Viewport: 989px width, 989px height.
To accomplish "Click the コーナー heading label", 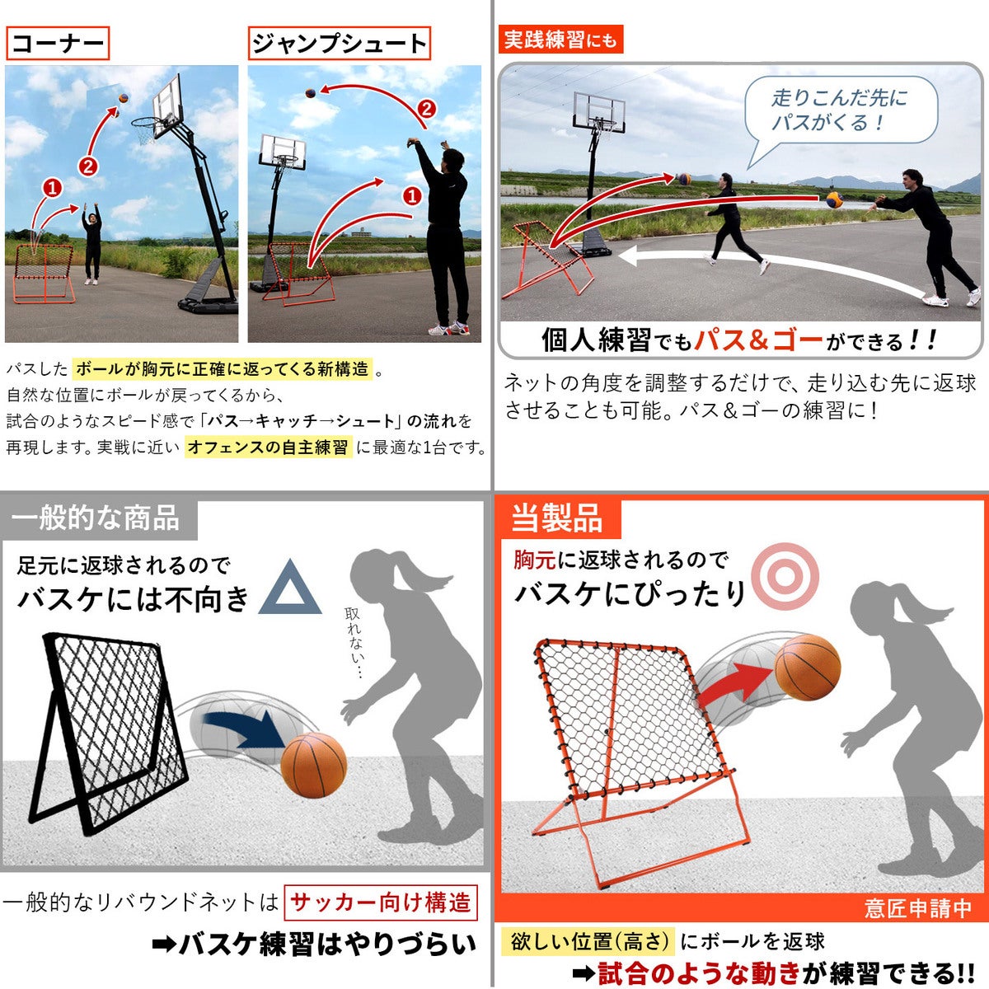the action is pos(58,43).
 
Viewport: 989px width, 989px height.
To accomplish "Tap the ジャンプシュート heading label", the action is pos(340,43).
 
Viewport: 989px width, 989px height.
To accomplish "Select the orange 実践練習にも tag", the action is pos(560,39).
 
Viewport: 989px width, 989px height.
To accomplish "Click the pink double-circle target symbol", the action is pos(785,576).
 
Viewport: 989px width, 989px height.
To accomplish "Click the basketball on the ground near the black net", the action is pos(313,765).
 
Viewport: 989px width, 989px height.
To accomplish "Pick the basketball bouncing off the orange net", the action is pos(807,668).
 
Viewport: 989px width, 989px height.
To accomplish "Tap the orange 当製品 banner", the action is pos(557,518).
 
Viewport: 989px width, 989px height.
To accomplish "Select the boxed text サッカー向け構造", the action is pos(380,902).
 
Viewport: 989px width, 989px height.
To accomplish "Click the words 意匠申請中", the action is pos(917,908).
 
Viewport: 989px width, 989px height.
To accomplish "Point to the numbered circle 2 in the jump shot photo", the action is pos(426,109).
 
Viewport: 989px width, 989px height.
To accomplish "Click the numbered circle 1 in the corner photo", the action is pos(53,188).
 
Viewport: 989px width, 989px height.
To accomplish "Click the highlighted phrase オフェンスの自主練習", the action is pos(269,447).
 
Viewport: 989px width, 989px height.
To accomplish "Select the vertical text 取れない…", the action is pos(354,642).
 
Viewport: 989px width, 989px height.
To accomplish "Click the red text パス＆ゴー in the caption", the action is pos(758,340).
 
